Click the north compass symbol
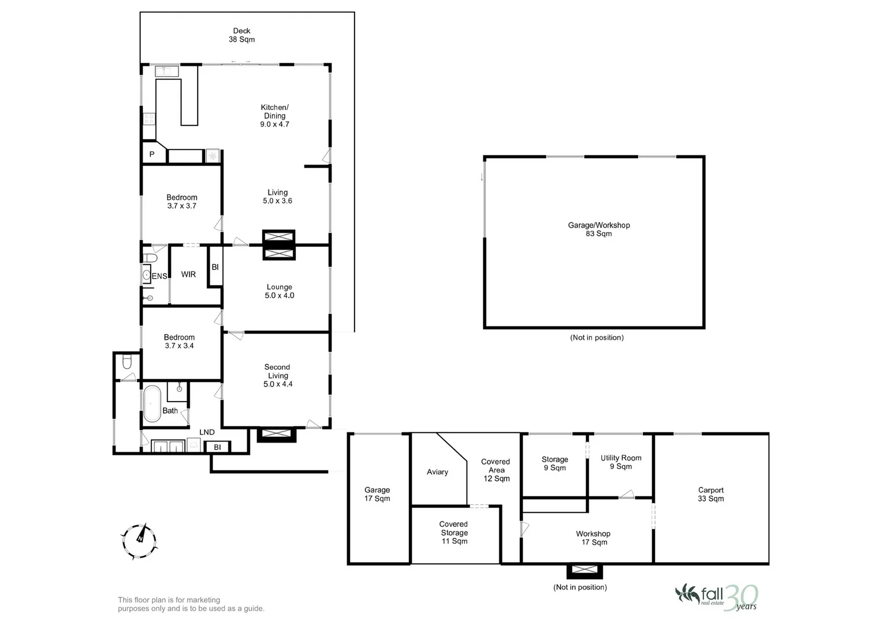(139, 541)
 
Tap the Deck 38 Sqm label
(241, 35)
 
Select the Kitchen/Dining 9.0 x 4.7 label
(274, 116)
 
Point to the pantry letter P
(152, 154)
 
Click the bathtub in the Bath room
(152, 403)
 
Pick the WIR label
(188, 274)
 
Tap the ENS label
(159, 277)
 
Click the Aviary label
(437, 472)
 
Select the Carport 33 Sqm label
(710, 495)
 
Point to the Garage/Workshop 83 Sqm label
(598, 229)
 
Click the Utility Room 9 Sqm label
(621, 462)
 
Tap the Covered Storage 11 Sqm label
(454, 533)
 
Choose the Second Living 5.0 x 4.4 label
(278, 376)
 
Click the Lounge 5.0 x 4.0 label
(280, 291)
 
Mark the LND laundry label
(207, 432)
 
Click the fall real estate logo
(716, 596)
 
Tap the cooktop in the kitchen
(149, 119)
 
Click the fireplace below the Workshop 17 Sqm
(585, 571)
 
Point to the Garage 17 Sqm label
(377, 494)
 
